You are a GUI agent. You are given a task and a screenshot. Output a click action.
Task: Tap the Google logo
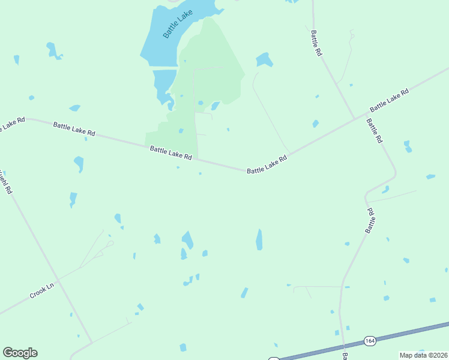click(x=20, y=353)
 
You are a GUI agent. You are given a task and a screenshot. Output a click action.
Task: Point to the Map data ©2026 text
click(x=423, y=355)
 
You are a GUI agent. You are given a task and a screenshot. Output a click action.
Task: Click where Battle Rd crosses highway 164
click(x=343, y=347)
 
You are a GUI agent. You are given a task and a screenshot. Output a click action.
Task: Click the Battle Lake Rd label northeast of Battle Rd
click(x=389, y=100)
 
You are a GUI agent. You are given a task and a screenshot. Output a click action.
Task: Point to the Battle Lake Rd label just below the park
click(x=170, y=153)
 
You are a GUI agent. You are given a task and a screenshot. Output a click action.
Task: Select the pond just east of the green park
click(x=264, y=60)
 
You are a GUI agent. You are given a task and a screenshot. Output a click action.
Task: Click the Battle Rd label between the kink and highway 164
click(x=370, y=221)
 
